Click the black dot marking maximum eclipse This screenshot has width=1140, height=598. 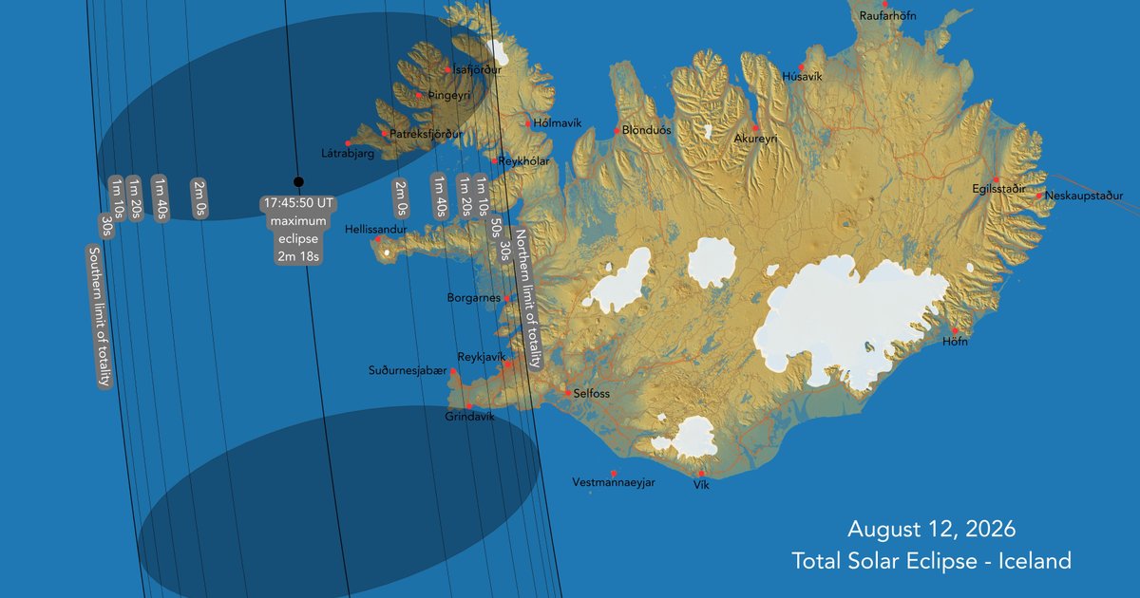(298, 181)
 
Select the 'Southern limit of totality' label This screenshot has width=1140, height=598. (100, 316)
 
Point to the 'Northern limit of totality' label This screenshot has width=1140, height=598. (527, 298)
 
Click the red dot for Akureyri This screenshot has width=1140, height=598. (756, 127)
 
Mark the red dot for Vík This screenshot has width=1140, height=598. (701, 474)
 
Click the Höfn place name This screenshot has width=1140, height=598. (955, 342)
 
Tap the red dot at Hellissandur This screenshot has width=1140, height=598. (378, 239)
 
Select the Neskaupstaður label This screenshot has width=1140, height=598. (1084, 196)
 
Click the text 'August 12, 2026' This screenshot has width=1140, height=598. (931, 529)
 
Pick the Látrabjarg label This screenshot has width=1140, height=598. (347, 152)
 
